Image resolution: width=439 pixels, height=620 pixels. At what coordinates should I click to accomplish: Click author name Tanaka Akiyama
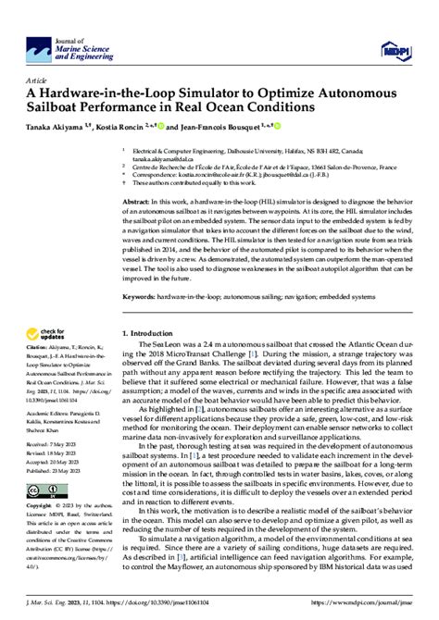(56, 126)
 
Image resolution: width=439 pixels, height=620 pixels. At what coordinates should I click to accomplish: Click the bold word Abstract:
(137, 201)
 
